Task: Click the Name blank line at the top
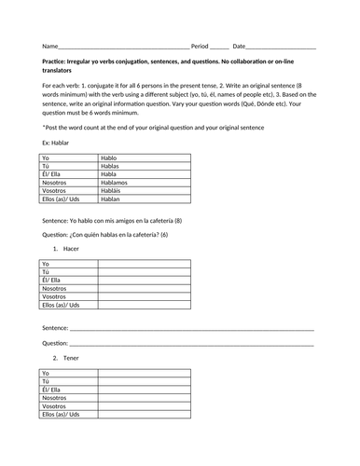[122, 47]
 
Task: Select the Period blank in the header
[218, 47]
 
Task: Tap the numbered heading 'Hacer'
[72, 250]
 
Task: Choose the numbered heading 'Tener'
[72, 358]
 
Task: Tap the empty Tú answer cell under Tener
[144, 382]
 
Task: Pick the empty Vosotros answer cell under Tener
[144, 407]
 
